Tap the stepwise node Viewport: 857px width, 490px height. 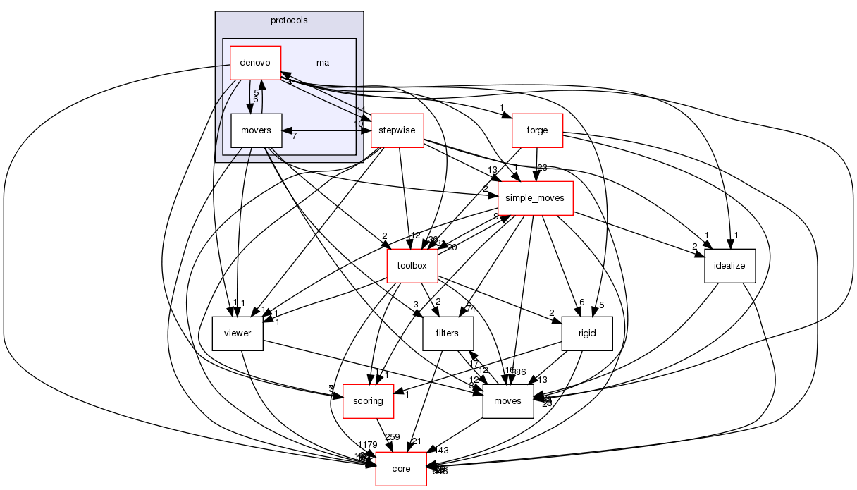click(x=397, y=130)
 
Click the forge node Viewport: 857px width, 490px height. click(x=538, y=130)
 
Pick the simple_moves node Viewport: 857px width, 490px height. click(x=536, y=199)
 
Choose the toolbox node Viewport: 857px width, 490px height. click(x=412, y=267)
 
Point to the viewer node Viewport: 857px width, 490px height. click(x=238, y=333)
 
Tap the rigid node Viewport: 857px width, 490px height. click(x=587, y=333)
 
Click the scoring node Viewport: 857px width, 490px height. click(x=368, y=401)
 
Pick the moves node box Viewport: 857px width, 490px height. click(x=507, y=401)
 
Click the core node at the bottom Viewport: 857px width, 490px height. click(x=401, y=469)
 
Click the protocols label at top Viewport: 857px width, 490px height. click(x=289, y=20)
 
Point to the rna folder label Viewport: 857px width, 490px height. click(x=323, y=62)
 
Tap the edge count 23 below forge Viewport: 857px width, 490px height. click(x=542, y=168)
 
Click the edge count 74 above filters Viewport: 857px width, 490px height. click(x=469, y=308)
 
